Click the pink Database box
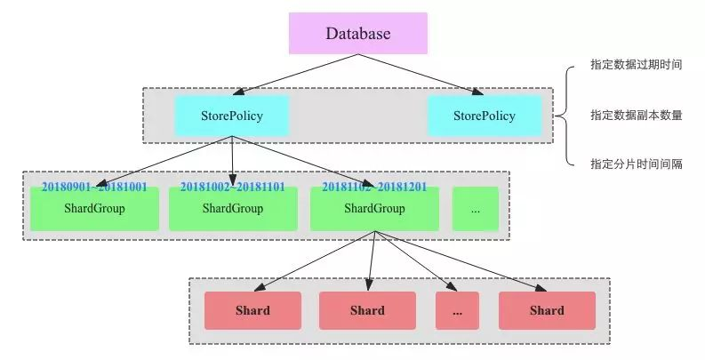click(357, 34)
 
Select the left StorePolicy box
click(232, 116)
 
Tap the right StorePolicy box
click(484, 116)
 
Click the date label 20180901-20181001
click(94, 188)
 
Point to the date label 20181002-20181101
click(233, 188)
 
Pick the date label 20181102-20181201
click(374, 188)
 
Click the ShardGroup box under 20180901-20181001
click(94, 210)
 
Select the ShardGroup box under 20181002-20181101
click(233, 210)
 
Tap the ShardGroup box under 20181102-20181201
click(374, 210)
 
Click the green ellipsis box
click(476, 210)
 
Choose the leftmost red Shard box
click(252, 311)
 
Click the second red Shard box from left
click(367, 311)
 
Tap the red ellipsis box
click(457, 311)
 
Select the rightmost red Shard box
click(546, 311)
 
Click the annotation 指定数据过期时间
click(636, 66)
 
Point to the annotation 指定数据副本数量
click(636, 115)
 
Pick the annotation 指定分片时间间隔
click(636, 164)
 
